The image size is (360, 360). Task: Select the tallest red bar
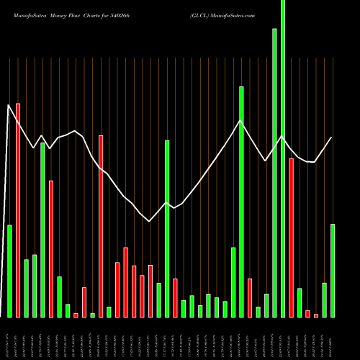click(18, 209)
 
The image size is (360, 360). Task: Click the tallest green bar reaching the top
click(283, 158)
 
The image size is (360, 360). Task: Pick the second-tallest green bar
click(274, 173)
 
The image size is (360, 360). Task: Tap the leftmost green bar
click(9, 271)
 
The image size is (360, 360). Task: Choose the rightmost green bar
click(333, 270)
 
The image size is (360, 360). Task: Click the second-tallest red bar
click(101, 226)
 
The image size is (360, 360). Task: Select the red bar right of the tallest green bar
click(291, 238)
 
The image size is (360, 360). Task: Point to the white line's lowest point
click(149, 221)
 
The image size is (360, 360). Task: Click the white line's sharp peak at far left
click(9, 105)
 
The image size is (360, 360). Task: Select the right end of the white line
click(332, 137)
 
